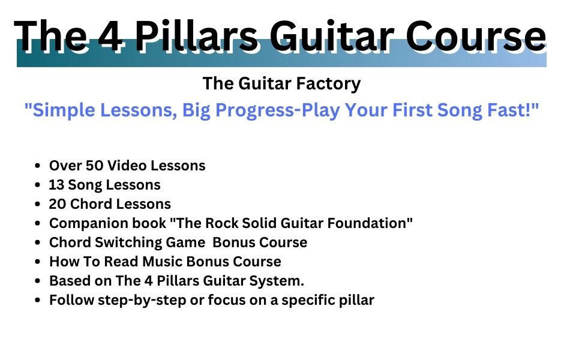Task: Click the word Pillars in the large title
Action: click(198, 36)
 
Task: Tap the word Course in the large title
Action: click(475, 36)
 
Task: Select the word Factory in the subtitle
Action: click(328, 84)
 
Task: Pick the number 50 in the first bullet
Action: click(94, 166)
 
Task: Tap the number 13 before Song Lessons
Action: click(56, 185)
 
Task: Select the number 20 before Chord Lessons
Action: click(58, 204)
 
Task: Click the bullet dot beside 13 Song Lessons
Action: click(37, 185)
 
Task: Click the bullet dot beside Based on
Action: click(37, 281)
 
